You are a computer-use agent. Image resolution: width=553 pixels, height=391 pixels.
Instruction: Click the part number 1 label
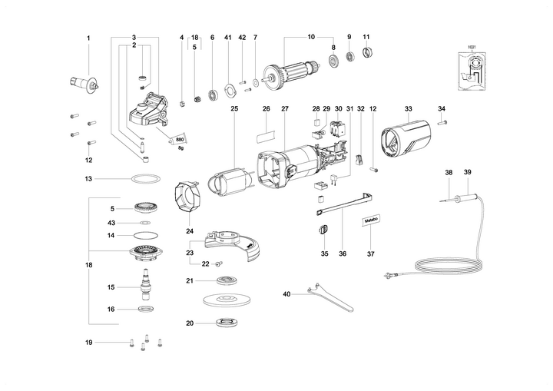[x=88, y=38]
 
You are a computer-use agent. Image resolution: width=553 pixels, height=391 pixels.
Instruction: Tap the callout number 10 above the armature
[x=311, y=38]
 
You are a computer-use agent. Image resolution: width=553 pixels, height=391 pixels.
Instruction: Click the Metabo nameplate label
[x=371, y=220]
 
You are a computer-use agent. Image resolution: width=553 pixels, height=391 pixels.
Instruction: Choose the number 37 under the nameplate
[x=371, y=253]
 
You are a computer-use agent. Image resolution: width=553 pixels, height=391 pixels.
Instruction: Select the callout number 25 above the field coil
[x=234, y=108]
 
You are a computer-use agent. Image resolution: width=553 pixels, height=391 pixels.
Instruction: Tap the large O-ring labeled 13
[x=139, y=178]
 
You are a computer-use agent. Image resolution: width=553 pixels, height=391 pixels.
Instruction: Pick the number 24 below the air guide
[x=190, y=230]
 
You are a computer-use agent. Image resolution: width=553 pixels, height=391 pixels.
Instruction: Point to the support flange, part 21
[x=227, y=280]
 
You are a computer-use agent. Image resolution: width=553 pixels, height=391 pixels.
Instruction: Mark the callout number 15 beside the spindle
[x=111, y=287]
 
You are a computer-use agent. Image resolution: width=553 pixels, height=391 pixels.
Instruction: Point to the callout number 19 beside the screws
[x=88, y=342]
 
